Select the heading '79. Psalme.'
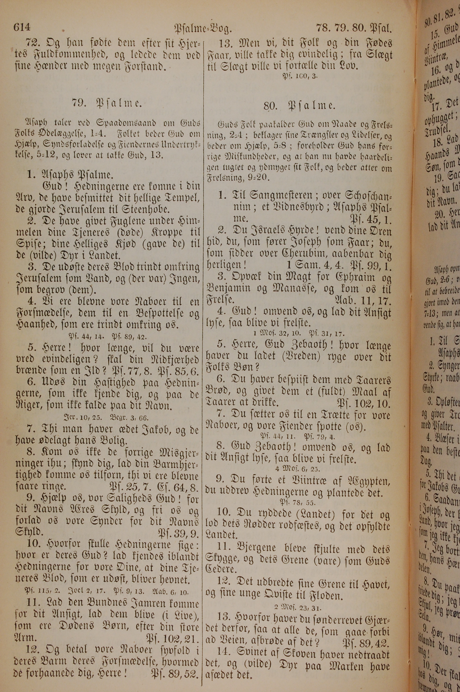pyautogui.click(x=107, y=103)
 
